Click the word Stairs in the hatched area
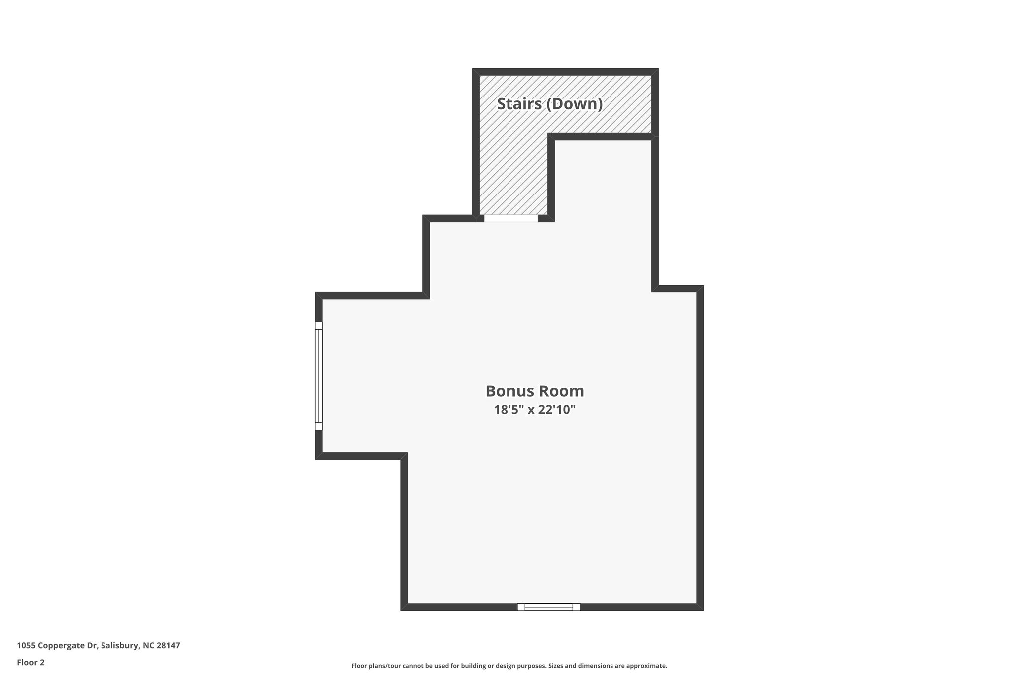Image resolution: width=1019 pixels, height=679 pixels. [519, 104]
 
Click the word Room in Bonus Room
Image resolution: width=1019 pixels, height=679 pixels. [564, 391]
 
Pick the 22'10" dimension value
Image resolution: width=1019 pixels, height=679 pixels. [557, 410]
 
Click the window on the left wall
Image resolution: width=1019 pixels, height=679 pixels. [319, 376]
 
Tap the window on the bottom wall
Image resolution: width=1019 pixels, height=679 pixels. [549, 607]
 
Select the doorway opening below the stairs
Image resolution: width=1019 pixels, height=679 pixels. [511, 218]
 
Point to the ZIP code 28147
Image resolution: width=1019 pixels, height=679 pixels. [168, 646]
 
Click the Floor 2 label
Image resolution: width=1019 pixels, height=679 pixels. [31, 663]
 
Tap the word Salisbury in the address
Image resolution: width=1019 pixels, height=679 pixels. [119, 646]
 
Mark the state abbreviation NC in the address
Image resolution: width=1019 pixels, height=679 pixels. [148, 646]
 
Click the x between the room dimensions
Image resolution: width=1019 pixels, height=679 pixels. [531, 411]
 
